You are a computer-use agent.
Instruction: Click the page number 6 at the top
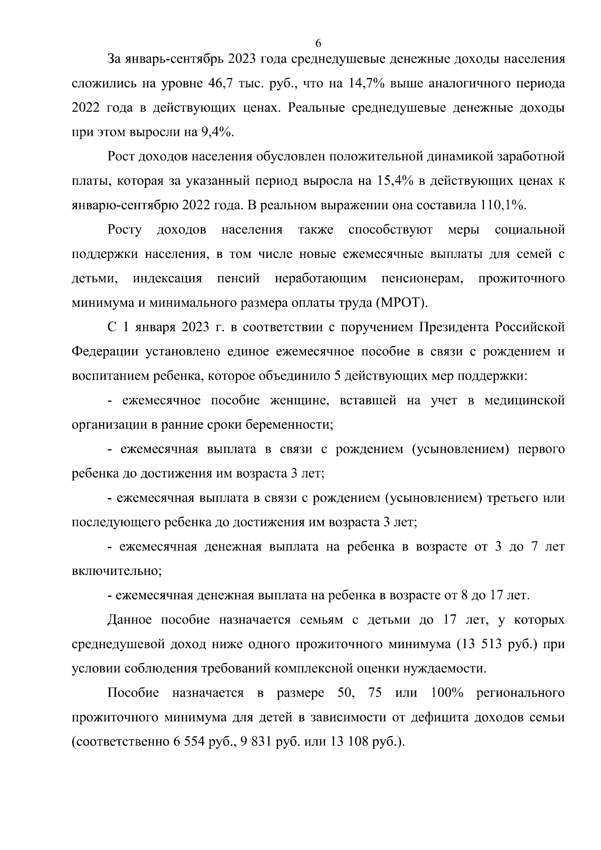tap(318, 43)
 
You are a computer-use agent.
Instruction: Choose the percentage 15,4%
tap(392, 181)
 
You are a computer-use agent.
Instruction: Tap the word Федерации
tap(105, 352)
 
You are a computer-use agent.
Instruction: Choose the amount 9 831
tap(257, 742)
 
